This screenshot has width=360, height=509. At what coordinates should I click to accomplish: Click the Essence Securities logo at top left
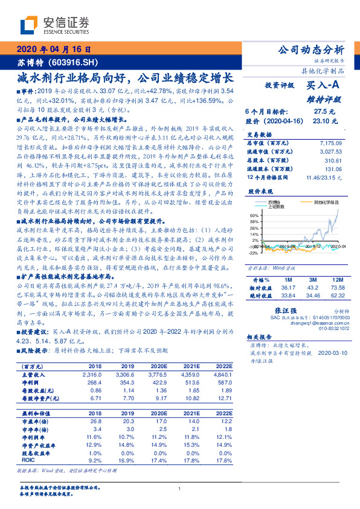(x=54, y=25)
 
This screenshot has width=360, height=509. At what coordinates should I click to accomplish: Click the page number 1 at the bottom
(x=180, y=489)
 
